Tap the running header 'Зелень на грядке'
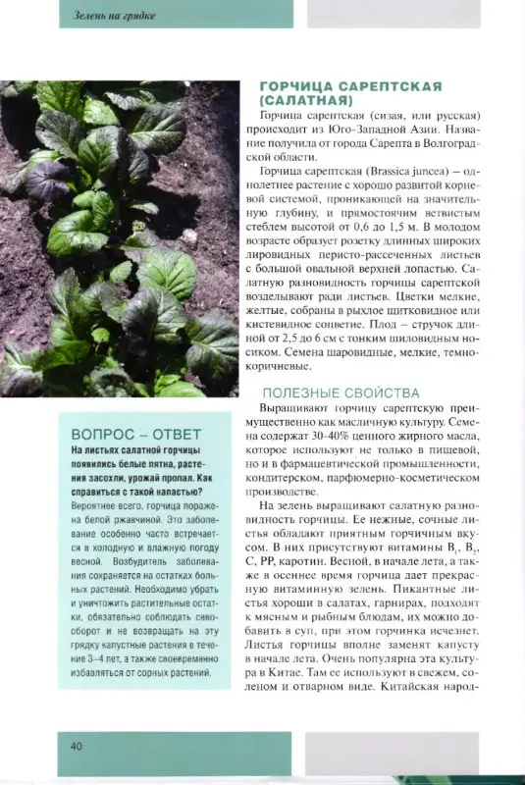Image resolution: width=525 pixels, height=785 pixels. pos(115,15)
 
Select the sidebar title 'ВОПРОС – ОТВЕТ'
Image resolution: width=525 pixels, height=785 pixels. pos(136,434)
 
